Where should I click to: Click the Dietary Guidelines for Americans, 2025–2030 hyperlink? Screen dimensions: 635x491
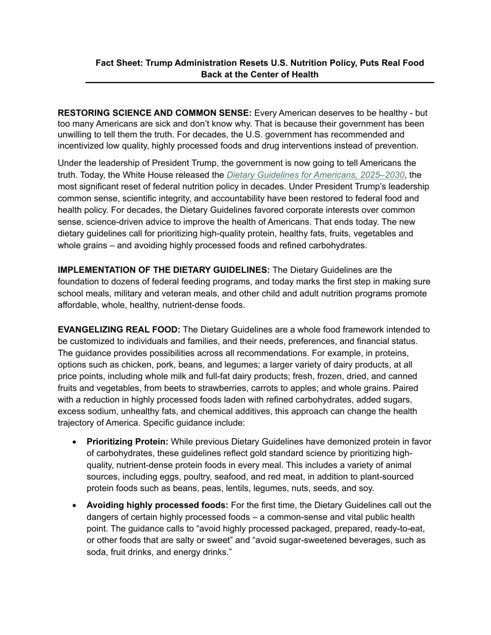coord(315,175)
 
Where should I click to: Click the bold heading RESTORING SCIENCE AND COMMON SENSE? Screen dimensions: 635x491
coord(154,113)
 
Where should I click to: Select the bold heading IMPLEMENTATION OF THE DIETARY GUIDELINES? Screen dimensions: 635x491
coord(163,270)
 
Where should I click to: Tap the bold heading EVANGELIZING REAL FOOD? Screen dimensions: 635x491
coord(119,330)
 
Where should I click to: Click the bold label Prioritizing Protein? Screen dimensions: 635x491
coord(127,441)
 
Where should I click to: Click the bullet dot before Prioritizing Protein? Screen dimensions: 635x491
coord(74,442)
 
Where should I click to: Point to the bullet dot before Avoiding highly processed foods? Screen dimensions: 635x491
coord(74,505)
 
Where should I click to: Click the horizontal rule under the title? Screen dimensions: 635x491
coord(260,82)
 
